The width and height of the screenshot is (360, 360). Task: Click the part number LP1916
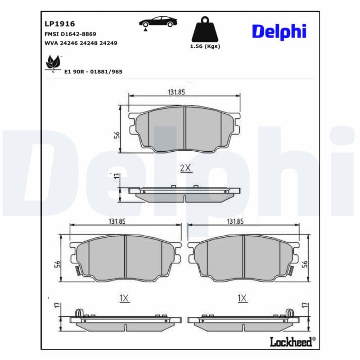(x=60, y=24)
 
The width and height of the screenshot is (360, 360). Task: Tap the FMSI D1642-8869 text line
(x=70, y=34)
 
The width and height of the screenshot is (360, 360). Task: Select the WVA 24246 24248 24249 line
(x=81, y=43)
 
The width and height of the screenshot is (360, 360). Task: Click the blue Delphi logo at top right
(x=279, y=31)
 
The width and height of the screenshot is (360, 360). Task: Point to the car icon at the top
(x=158, y=23)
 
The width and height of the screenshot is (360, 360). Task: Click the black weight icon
(x=205, y=29)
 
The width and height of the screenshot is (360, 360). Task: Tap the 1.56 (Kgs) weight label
(x=205, y=46)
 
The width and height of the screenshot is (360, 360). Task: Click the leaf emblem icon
(x=53, y=63)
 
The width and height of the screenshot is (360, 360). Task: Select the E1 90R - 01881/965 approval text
(x=93, y=72)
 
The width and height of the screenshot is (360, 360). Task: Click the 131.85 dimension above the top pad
(x=176, y=92)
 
